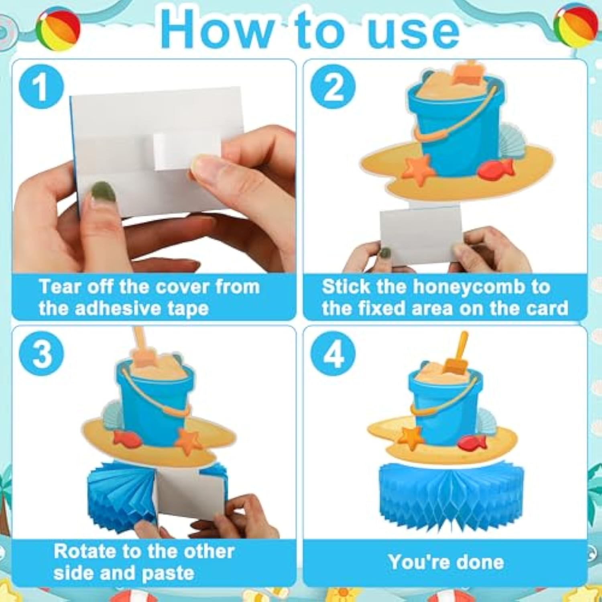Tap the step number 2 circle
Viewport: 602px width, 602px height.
pyautogui.click(x=333, y=87)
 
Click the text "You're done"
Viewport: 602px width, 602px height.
pyautogui.click(x=446, y=562)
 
